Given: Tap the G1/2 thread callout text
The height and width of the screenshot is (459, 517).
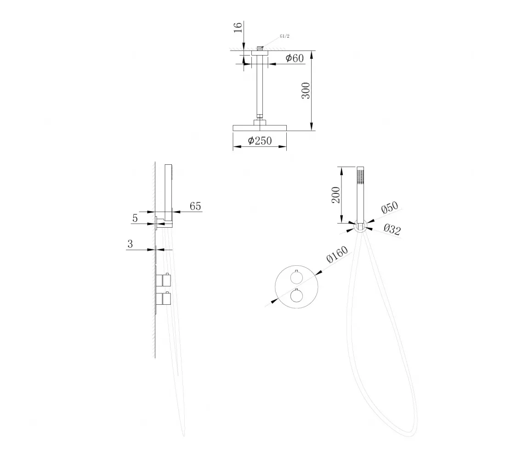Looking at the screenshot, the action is [284, 36].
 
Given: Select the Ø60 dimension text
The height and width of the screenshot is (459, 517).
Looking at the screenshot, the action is [295, 58].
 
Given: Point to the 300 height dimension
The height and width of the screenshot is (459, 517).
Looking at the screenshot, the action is [306, 90].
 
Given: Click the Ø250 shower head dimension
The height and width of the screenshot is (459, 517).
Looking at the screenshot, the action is [260, 141].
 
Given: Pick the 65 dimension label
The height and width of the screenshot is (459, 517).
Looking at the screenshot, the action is [195, 206].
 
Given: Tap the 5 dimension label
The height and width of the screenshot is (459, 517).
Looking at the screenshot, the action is [135, 218].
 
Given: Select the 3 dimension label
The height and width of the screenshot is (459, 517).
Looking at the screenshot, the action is [130, 244].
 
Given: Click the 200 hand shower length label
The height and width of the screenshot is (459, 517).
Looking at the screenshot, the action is [335, 195].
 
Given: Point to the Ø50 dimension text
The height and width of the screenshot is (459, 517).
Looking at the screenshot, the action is [389, 208].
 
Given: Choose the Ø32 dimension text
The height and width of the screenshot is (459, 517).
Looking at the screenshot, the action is [392, 229].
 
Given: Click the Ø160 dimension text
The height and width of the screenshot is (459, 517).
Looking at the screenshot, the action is [337, 255].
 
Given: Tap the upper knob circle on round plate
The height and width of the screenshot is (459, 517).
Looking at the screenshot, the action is [296, 278].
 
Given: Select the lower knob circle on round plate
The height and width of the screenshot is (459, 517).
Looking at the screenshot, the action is [296, 296].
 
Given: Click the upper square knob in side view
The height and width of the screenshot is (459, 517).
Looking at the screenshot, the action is [166, 280].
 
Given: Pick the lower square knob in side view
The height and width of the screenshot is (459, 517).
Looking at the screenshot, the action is [166, 299].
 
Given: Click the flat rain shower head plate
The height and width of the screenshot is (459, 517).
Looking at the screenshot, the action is [260, 128].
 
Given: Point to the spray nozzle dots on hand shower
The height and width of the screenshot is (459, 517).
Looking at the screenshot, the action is [360, 177].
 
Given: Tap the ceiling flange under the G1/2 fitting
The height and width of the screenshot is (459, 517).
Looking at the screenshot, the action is [260, 53].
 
